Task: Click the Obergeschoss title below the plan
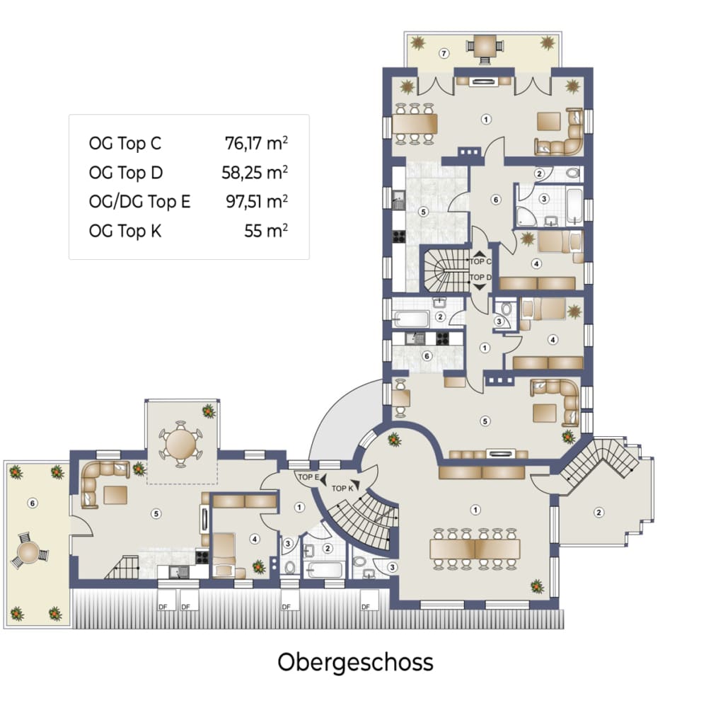click(x=355, y=663)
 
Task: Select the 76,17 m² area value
click(x=256, y=143)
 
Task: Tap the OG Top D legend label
click(x=126, y=173)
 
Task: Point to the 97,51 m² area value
click(x=257, y=201)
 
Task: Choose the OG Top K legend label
click(x=125, y=230)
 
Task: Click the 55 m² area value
click(x=266, y=230)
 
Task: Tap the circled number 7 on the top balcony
click(x=444, y=54)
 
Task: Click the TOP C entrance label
click(x=480, y=261)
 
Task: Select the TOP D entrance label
click(x=480, y=278)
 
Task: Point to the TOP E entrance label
click(x=308, y=476)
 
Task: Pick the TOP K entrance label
click(x=342, y=489)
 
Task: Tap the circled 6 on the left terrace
click(x=33, y=503)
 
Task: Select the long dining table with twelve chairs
click(x=475, y=549)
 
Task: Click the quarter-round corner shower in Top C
click(x=526, y=217)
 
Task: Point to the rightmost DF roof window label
click(x=366, y=607)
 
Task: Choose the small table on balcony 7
click(x=484, y=46)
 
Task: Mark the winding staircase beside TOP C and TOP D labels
click(x=444, y=270)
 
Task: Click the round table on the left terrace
click(x=29, y=552)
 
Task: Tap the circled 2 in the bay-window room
click(x=599, y=513)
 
